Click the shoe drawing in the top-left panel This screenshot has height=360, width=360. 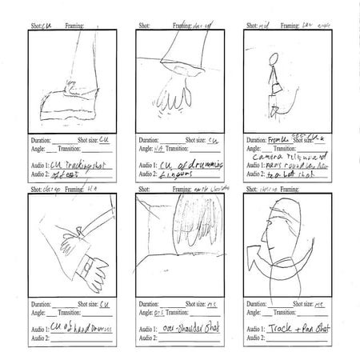click(68, 102)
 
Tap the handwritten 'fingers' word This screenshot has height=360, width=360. click(176, 174)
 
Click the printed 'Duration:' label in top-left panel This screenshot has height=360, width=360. click(40, 138)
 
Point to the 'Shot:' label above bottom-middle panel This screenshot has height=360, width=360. click(145, 190)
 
